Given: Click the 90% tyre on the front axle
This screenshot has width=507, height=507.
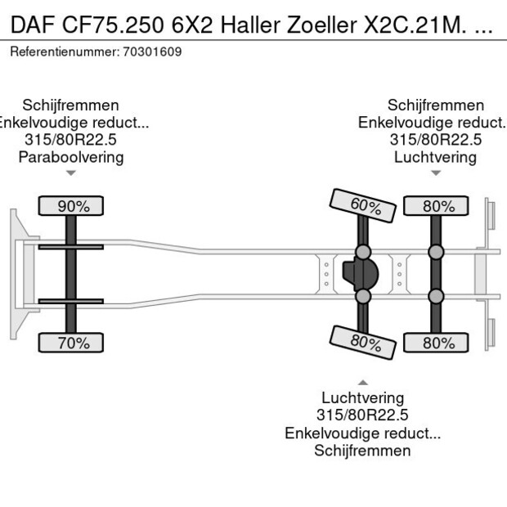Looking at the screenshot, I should click(72, 206).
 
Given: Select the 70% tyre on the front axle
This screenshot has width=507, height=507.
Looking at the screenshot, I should click(72, 343).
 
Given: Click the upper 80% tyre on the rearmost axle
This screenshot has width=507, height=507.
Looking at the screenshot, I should click(437, 206).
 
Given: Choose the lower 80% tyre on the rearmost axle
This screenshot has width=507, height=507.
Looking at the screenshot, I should click(437, 343).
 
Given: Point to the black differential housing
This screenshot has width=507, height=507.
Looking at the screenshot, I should click(358, 275).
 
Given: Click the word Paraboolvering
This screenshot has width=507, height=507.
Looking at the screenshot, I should click(71, 157).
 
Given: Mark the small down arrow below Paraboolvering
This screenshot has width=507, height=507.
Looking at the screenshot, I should click(71, 173).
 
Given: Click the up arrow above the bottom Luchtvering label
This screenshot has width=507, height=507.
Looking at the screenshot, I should click(362, 382).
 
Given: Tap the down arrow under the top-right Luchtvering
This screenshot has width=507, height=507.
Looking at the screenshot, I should click(436, 173).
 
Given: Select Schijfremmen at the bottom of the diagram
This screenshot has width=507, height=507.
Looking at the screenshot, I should click(362, 451).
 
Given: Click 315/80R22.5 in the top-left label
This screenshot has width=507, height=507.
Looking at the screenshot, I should click(71, 140).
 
